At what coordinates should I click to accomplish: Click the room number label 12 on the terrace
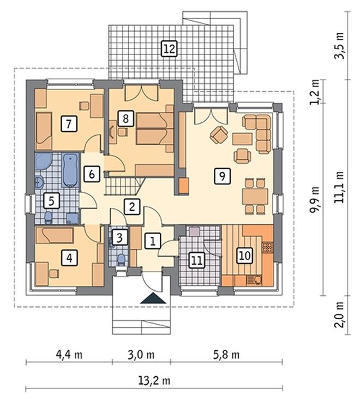(x=170, y=49)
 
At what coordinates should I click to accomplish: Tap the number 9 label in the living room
(x=222, y=176)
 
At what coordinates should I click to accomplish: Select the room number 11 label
(x=197, y=260)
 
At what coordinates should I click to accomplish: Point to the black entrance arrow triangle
(x=153, y=298)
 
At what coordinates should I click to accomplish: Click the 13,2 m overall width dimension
(x=154, y=381)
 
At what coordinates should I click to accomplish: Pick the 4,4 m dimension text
(x=69, y=355)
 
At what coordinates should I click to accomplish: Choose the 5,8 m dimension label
(x=226, y=355)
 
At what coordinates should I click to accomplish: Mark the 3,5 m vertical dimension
(x=339, y=46)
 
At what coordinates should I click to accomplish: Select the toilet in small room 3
(x=121, y=259)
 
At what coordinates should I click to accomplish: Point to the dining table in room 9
(x=255, y=196)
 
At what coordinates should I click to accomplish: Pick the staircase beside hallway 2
(x=124, y=187)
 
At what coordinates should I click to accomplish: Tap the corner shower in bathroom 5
(x=43, y=161)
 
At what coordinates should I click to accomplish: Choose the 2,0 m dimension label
(x=339, y=315)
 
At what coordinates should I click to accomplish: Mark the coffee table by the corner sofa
(x=242, y=139)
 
